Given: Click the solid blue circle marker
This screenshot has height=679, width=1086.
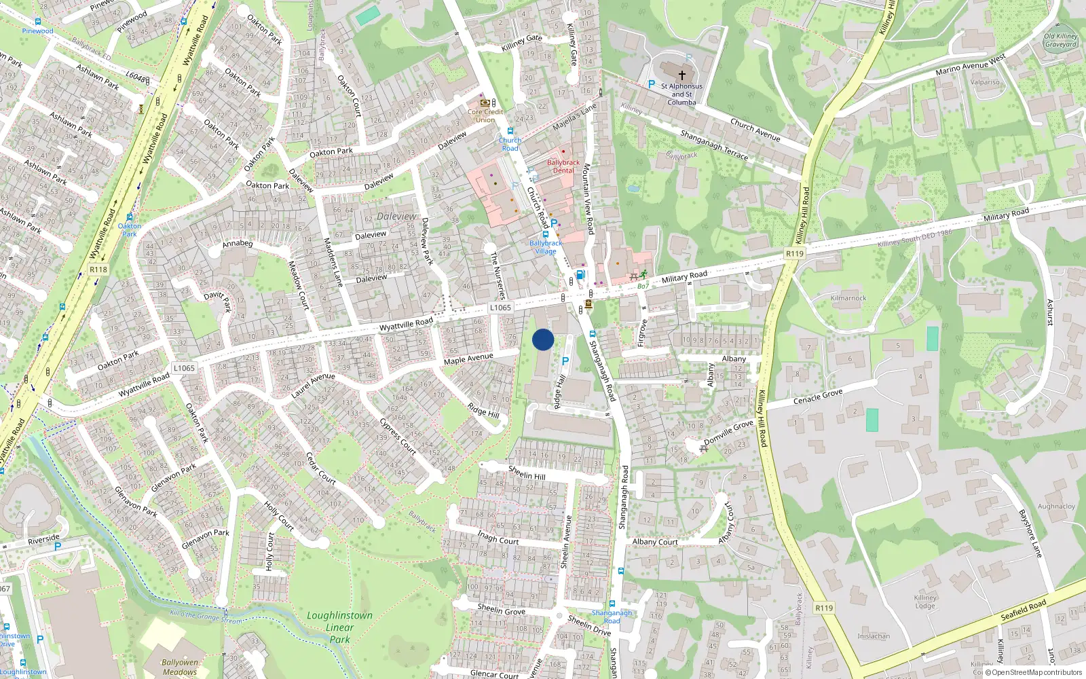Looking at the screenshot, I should coord(543,339).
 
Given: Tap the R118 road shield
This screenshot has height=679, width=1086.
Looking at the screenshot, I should coord(98,270).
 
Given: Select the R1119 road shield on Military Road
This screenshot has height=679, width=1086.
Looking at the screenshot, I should coord(795,253).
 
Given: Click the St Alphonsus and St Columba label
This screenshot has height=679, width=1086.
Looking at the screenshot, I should coord(681,94).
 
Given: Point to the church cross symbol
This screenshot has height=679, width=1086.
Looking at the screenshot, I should coord(682,75).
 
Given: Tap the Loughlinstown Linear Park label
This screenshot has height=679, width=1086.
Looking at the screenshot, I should coord(339,627).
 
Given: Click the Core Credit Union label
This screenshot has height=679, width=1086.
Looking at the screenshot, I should coord(485,116).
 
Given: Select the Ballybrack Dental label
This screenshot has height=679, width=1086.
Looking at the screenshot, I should coord(563,166).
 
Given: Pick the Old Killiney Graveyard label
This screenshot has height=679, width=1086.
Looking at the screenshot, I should coord(1061,40).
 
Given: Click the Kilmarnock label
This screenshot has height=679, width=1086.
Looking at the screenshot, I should coord(848,298).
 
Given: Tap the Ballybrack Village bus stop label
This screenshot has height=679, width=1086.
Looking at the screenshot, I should coord(546,246).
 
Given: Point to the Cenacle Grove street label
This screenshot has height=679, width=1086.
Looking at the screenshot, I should coord(818,397).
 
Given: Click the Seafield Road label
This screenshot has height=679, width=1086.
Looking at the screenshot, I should coord(1024,610).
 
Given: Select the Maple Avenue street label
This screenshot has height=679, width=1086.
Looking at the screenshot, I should coord(468,359).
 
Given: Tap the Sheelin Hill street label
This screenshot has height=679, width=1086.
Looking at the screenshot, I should coord(527,472).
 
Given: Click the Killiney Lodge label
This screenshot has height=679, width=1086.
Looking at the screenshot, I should coord(925,602).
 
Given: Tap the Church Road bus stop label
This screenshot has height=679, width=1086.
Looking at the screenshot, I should coord(510,144).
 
